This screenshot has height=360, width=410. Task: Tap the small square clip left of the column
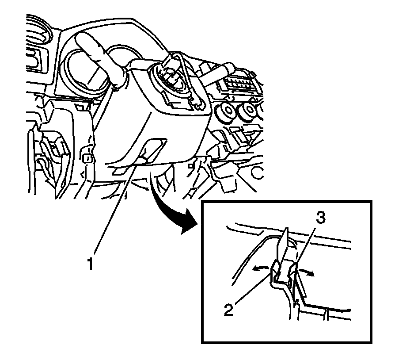(x=87, y=157)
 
